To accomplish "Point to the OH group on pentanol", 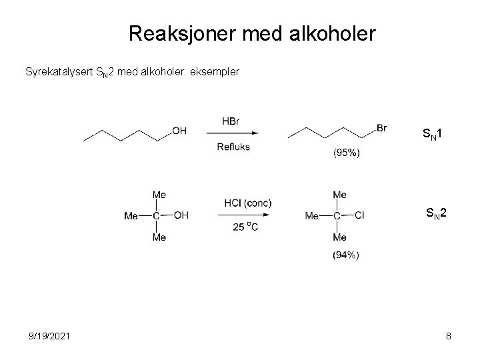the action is click(x=179, y=131).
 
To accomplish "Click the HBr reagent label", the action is click(x=231, y=121).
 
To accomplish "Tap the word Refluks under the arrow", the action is click(x=233, y=147).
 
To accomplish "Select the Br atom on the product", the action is click(x=381, y=128).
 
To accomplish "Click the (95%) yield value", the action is click(x=346, y=153).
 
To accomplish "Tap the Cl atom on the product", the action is click(x=359, y=215).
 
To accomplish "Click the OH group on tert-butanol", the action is click(x=181, y=215).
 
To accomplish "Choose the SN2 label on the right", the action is click(x=437, y=213).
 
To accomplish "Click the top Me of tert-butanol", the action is click(x=159, y=195).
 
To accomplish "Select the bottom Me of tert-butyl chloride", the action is click(x=339, y=238).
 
